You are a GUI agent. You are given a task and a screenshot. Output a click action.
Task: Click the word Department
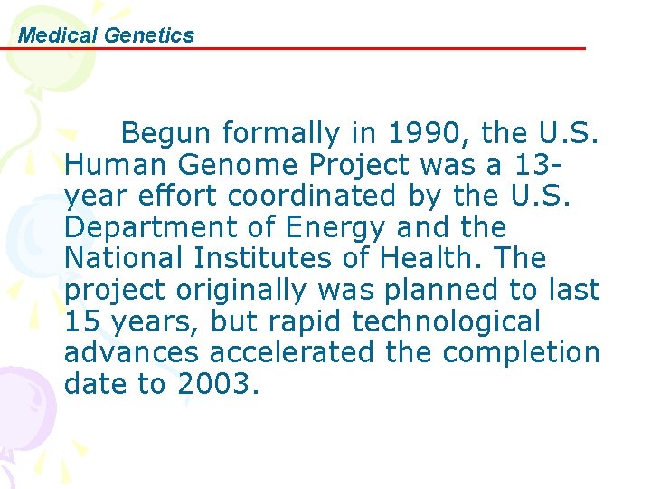(x=137, y=227)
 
